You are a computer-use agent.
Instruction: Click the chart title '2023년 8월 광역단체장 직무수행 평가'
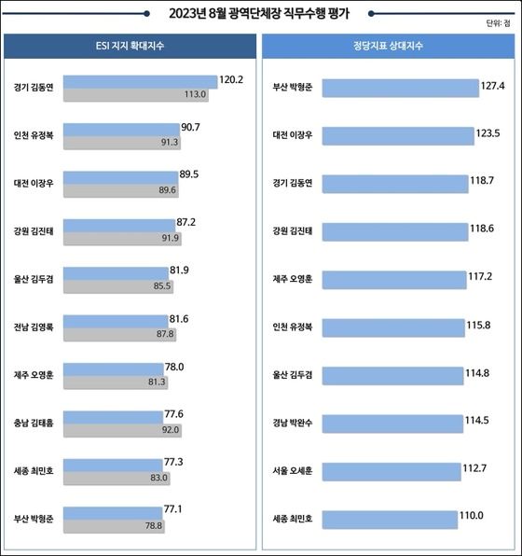pos(260,14)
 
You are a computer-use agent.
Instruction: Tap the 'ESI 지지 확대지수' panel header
pos(130,46)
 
